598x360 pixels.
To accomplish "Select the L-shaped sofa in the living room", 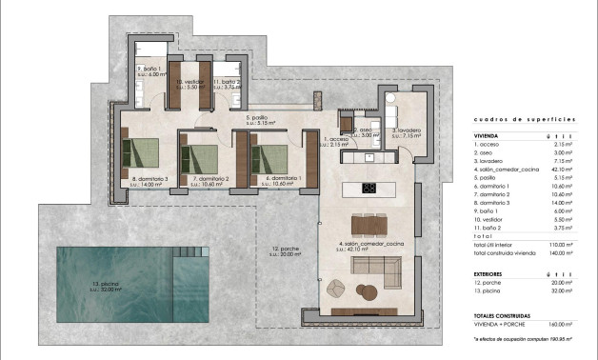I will click(374, 275).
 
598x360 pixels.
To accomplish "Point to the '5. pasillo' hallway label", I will click(260, 118).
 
